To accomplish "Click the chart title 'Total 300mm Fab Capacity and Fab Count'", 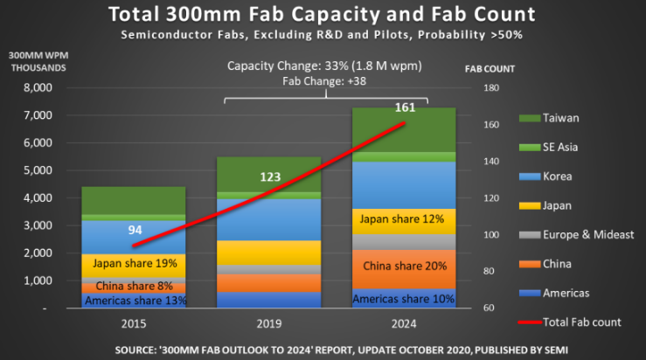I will pos(323,15).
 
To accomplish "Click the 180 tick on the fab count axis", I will pos(490,88).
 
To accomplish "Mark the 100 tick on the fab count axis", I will pos(490,235).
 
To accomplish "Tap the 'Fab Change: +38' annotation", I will pos(323,81).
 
